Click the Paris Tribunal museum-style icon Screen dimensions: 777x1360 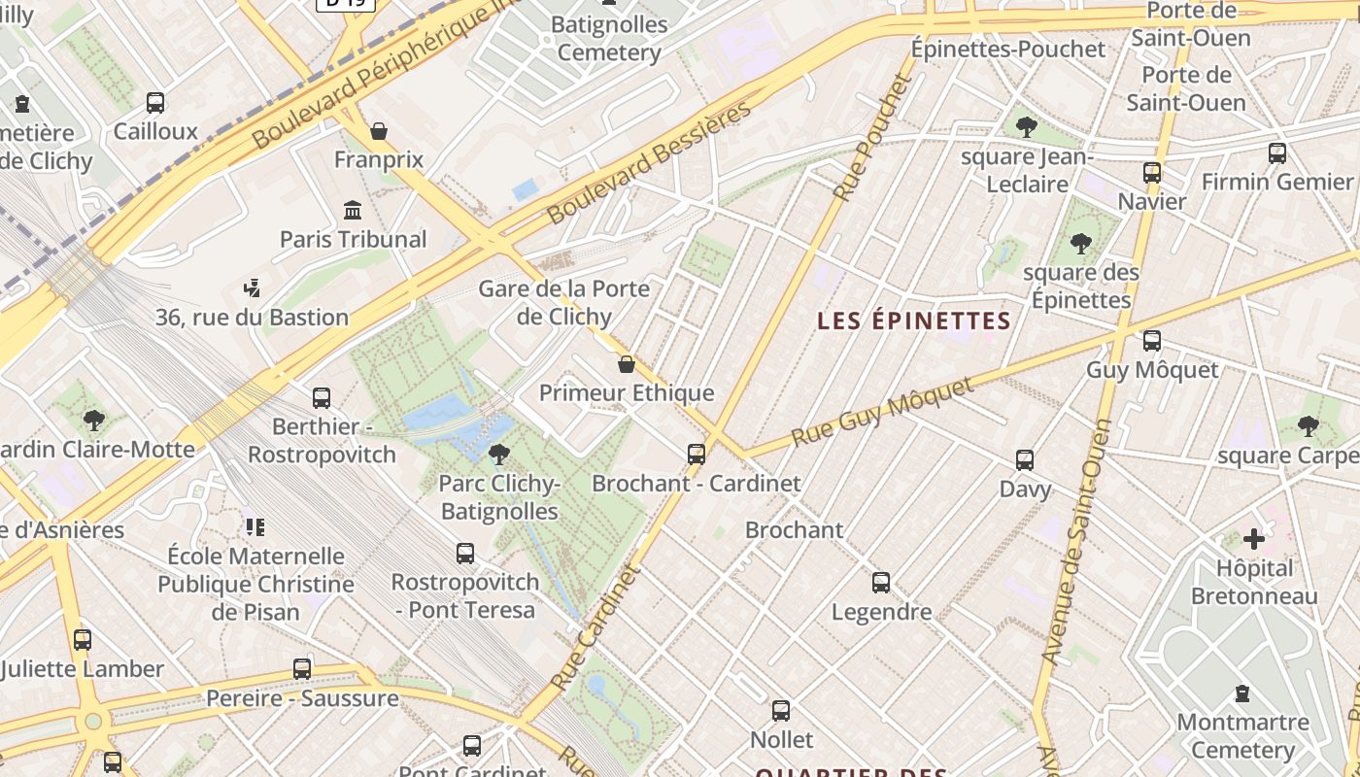pyautogui.click(x=353, y=210)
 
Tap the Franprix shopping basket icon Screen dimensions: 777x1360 pyautogui.click(x=379, y=130)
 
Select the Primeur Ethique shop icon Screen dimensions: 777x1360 pyautogui.click(x=627, y=364)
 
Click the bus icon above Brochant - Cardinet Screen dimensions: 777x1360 pyautogui.click(x=696, y=454)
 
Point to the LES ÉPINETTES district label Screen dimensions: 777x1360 pyautogui.click(x=914, y=321)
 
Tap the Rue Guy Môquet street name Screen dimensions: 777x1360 pyautogui.click(x=882, y=412)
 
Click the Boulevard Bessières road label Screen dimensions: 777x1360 pyautogui.click(x=650, y=161)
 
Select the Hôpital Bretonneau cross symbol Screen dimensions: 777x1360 pyautogui.click(x=1254, y=538)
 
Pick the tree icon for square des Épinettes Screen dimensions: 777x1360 pyautogui.click(x=1080, y=244)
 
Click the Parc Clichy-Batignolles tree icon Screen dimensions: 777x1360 pyautogui.click(x=499, y=454)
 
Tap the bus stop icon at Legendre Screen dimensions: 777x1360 pyautogui.click(x=881, y=583)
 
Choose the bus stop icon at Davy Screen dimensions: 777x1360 pyautogui.click(x=1025, y=459)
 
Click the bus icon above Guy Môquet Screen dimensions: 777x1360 pyautogui.click(x=1152, y=341)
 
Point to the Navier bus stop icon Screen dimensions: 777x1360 pyautogui.click(x=1152, y=173)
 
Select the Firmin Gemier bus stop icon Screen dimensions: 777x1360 pyautogui.click(x=1277, y=152)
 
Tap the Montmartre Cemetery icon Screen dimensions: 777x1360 pyautogui.click(x=1241, y=693)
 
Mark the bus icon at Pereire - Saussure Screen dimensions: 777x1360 pyautogui.click(x=302, y=669)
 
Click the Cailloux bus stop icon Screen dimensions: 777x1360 pyautogui.click(x=155, y=102)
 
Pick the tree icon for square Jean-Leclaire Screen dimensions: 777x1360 pyautogui.click(x=1026, y=127)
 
